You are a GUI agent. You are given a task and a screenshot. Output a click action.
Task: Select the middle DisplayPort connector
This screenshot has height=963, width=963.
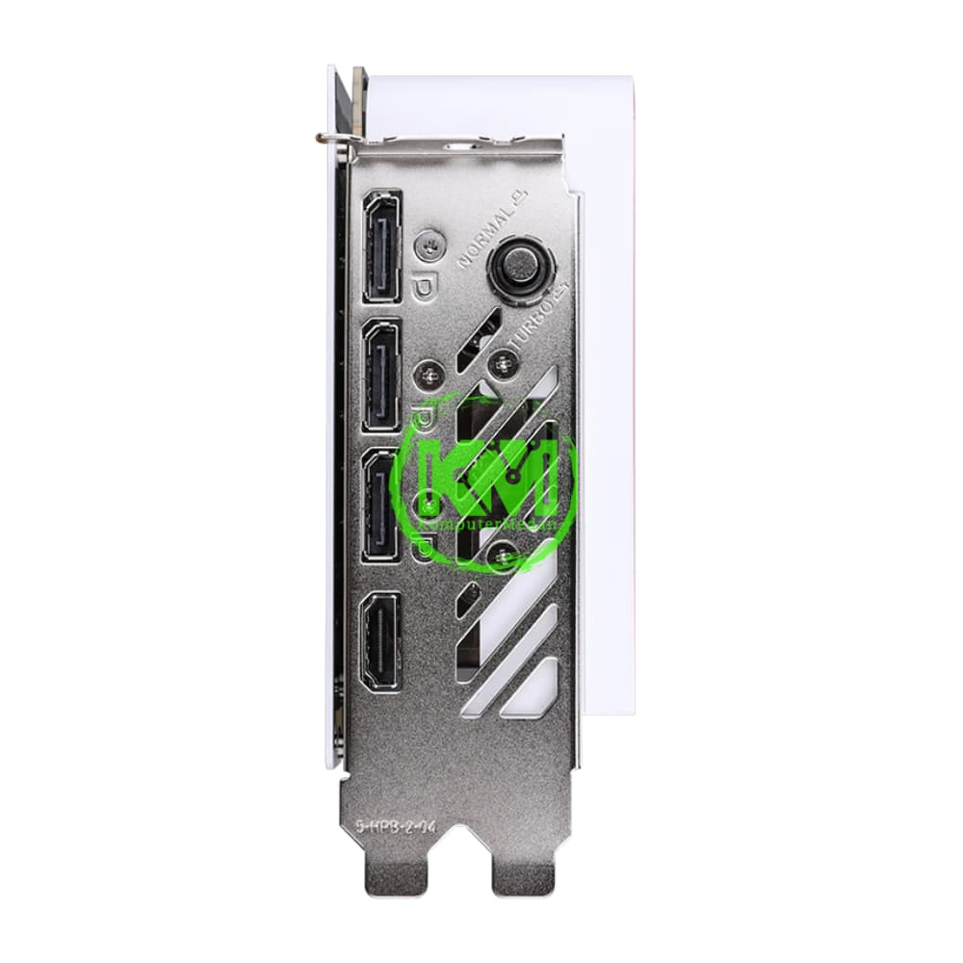[x=381, y=376]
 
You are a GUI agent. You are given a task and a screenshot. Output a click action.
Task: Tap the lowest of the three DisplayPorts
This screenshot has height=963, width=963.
[x=381, y=508]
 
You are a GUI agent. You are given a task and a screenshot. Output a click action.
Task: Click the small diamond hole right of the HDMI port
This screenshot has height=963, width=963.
[x=466, y=599]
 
